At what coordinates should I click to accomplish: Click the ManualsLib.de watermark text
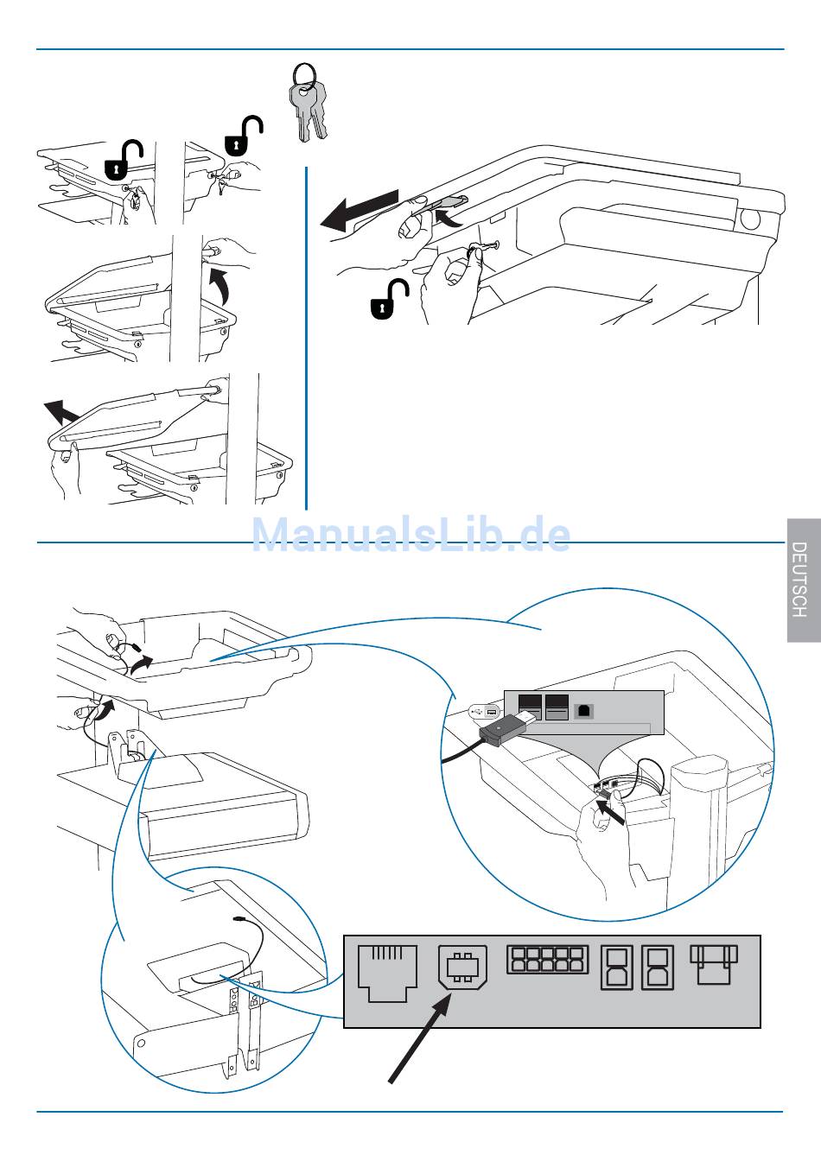point(411,535)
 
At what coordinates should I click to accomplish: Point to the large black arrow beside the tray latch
point(359,210)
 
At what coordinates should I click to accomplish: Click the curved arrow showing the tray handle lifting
point(222,284)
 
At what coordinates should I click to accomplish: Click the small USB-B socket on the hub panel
point(584,709)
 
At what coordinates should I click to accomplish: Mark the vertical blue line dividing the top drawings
point(306,337)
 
